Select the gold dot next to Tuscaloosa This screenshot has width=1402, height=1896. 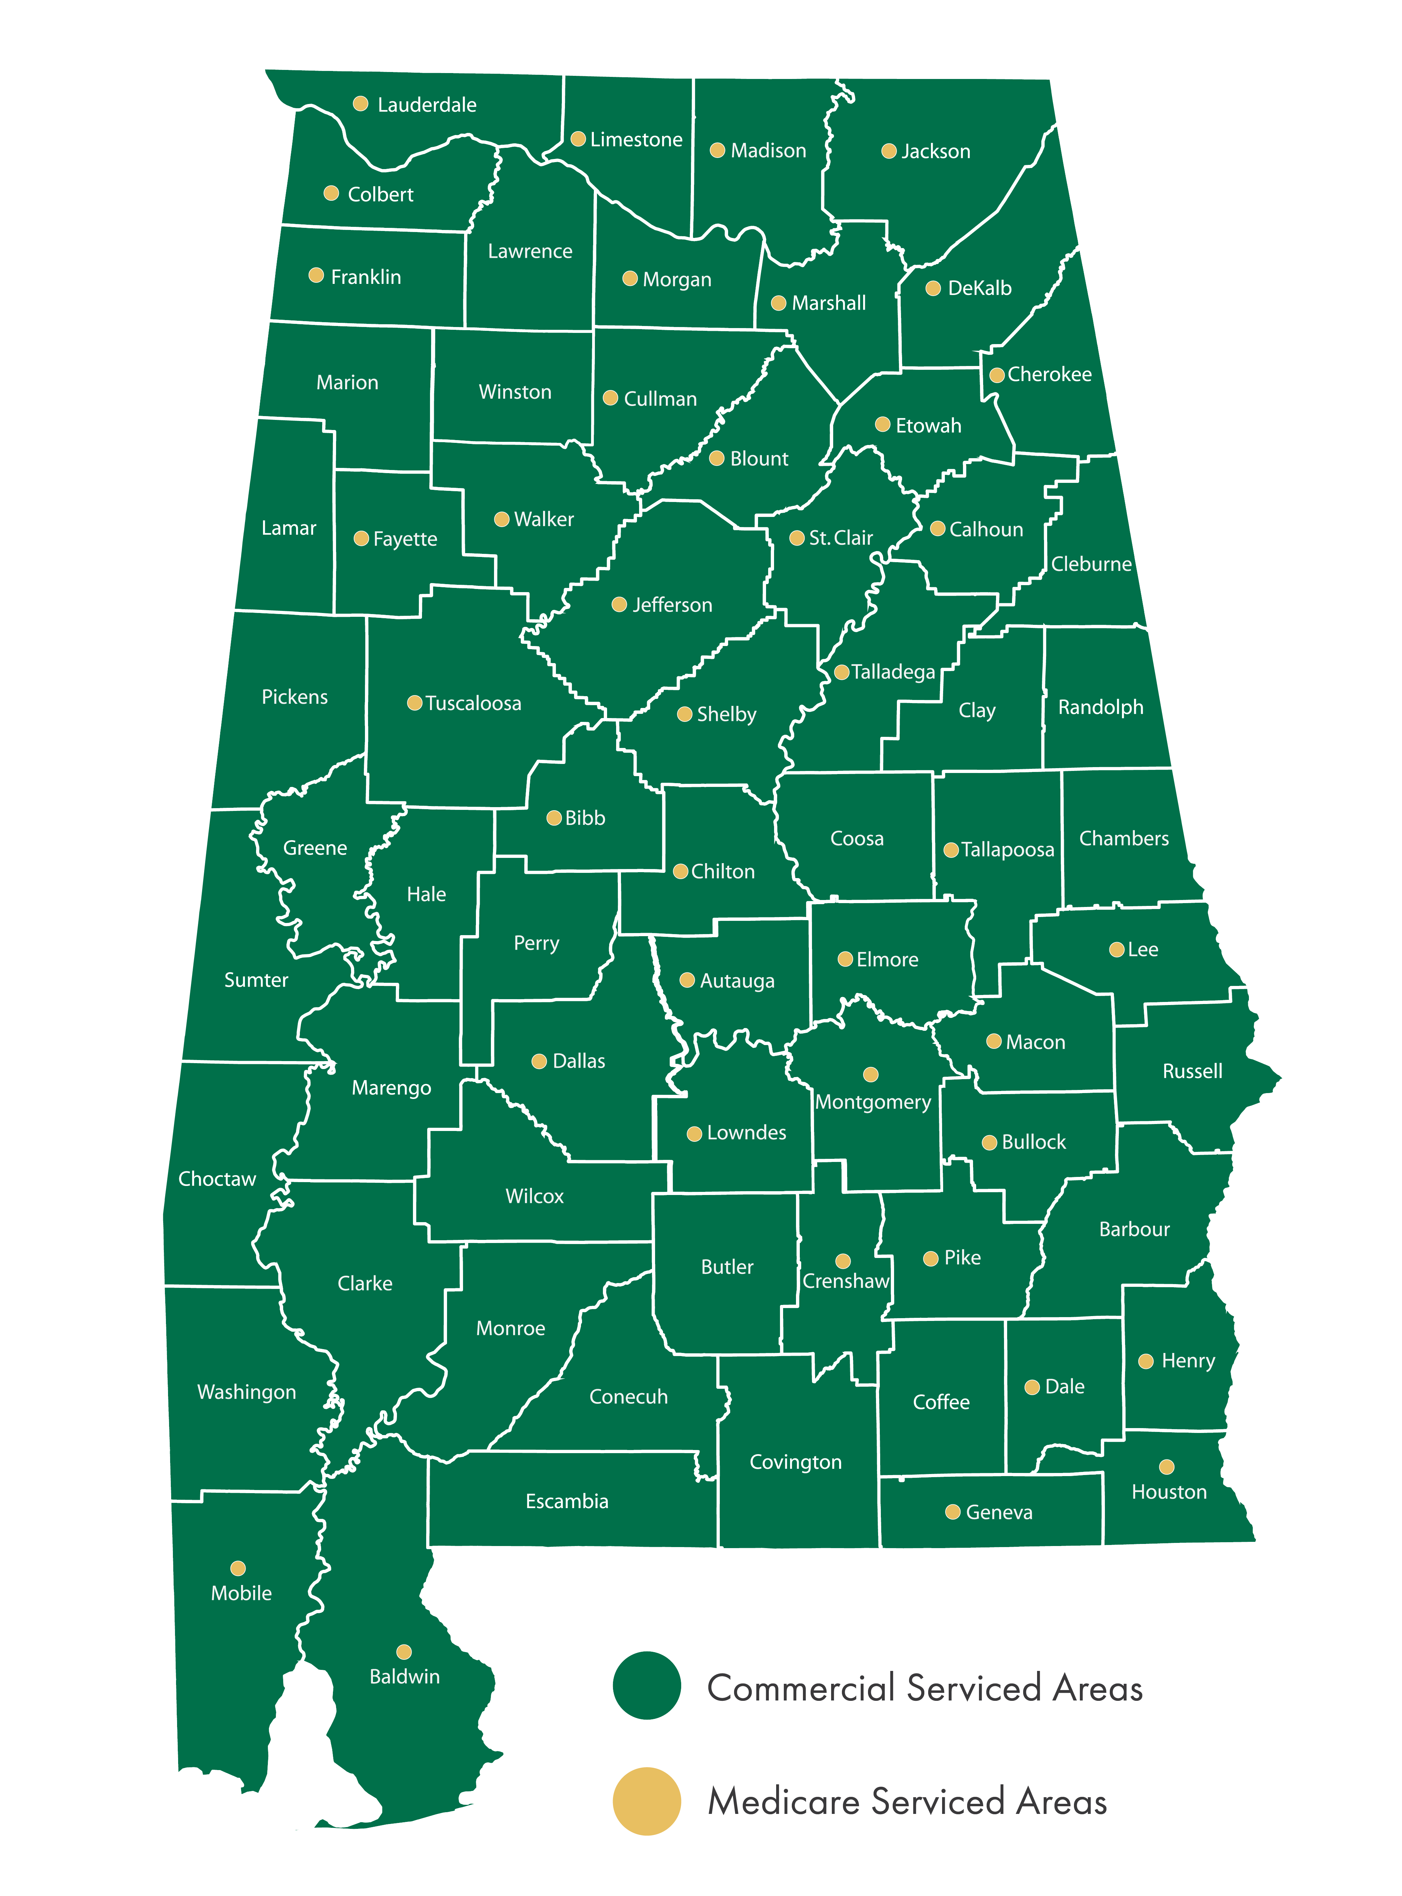(414, 703)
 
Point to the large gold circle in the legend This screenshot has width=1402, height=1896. (647, 1801)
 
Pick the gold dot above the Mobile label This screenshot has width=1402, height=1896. (238, 1568)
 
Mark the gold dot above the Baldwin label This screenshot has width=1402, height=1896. (404, 1651)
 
